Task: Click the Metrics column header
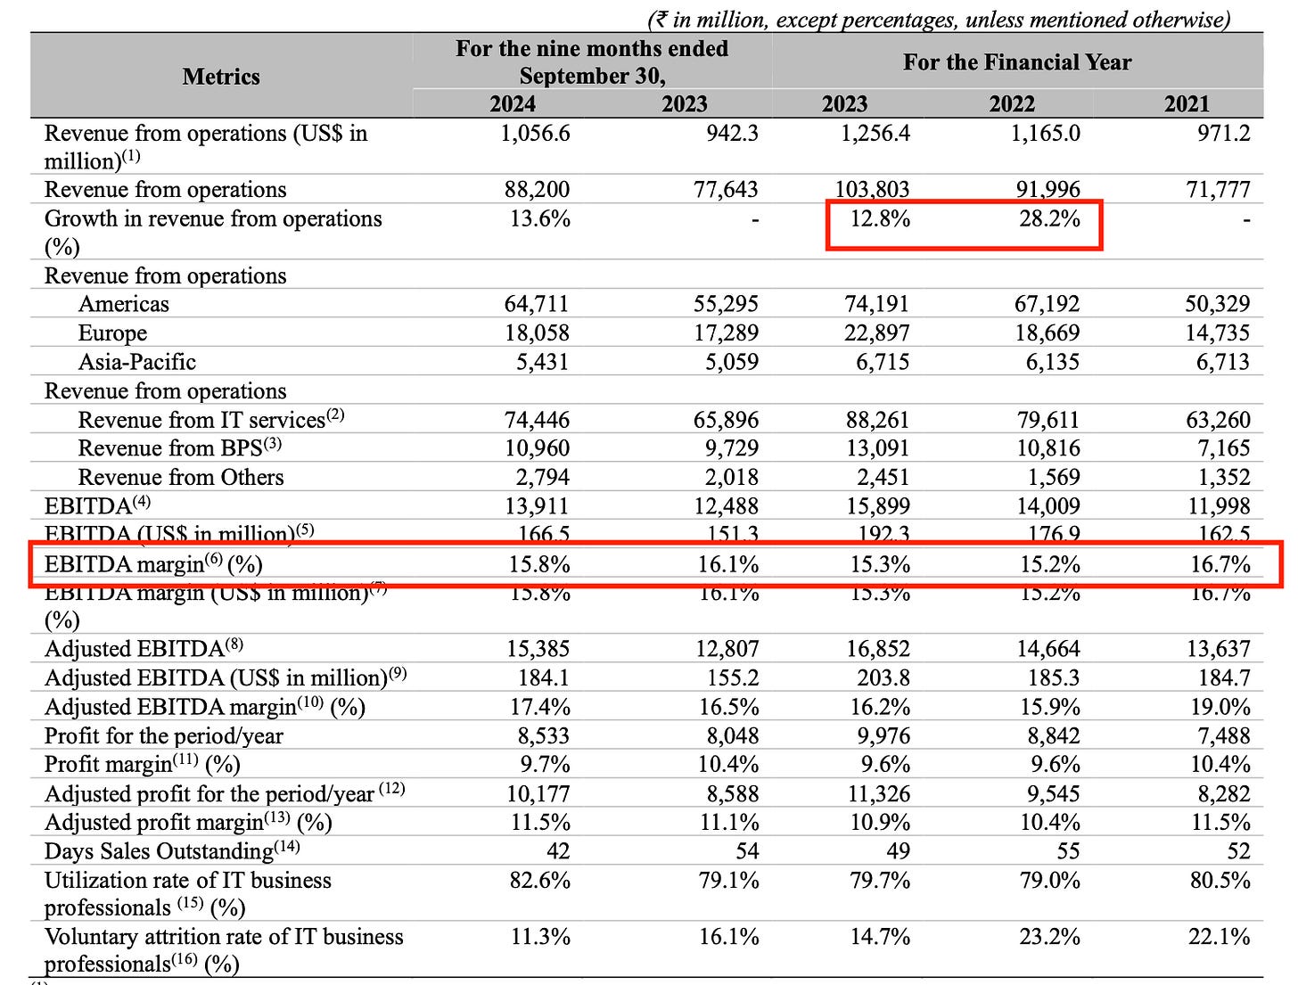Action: [x=221, y=77]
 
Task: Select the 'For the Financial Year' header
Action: [x=1016, y=62]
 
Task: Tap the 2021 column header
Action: [x=1187, y=104]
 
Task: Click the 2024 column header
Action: [x=513, y=104]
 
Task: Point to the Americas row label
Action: [x=123, y=304]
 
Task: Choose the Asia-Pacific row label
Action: [x=136, y=362]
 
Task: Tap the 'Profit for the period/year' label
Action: [x=163, y=736]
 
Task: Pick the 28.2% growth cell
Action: [x=1049, y=219]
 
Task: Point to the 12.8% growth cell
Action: [x=879, y=219]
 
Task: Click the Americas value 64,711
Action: [x=536, y=304]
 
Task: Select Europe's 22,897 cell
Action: [x=877, y=333]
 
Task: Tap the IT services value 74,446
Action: [x=536, y=420]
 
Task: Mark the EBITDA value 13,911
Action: [x=536, y=506]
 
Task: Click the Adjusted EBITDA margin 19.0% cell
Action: [x=1220, y=707]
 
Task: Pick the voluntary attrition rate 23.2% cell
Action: [x=1049, y=937]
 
